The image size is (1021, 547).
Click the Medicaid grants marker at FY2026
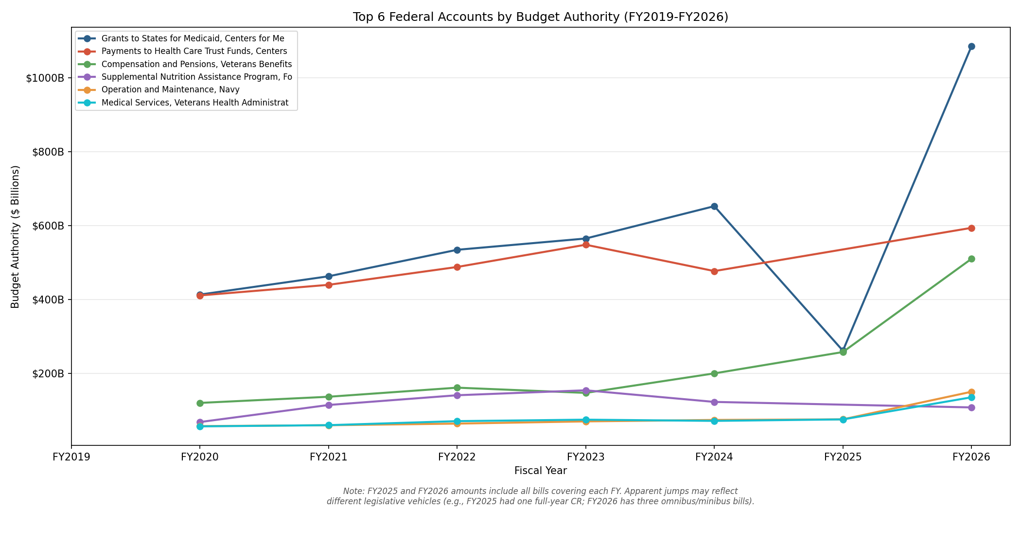tap(971, 47)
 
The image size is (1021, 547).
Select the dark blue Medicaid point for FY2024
tap(714, 206)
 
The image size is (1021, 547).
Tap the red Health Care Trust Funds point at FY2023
tap(586, 245)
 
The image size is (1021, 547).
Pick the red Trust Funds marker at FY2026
tap(971, 228)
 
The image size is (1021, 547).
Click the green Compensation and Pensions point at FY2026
tap(971, 259)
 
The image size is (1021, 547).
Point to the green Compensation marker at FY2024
tap(714, 373)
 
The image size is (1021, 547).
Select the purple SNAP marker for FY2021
tap(329, 405)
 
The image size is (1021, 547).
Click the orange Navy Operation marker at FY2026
tap(971, 392)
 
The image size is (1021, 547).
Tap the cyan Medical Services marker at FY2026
tap(971, 397)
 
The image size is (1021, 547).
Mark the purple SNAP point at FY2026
tap(971, 407)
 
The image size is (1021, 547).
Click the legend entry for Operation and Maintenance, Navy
tap(170, 90)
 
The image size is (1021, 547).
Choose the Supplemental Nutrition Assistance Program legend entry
tap(196, 77)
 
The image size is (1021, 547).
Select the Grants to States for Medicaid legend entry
tap(193, 38)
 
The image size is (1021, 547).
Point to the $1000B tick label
tap(45, 78)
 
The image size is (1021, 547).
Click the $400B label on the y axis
tap(48, 300)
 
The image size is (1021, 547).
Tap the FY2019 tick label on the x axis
tap(71, 457)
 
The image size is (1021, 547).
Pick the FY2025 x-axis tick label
tap(843, 457)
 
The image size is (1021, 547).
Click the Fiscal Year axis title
tap(540, 471)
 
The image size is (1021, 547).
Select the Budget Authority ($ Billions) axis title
tap(16, 237)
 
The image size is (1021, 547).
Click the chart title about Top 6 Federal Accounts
tap(540, 17)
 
